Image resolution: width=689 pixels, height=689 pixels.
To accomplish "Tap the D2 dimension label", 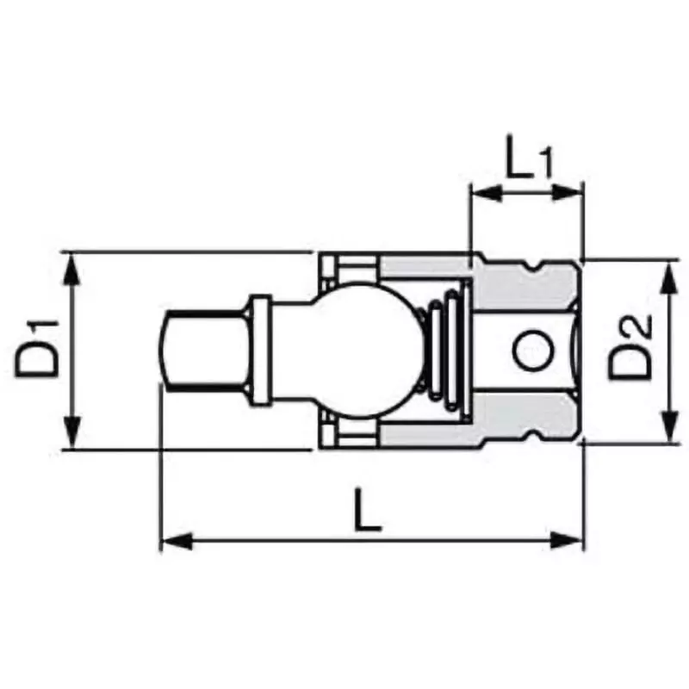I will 631,349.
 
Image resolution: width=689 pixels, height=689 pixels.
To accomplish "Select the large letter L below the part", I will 368,511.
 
